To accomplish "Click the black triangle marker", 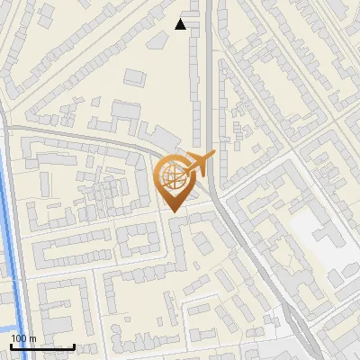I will coord(181,24).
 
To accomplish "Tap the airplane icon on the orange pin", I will coord(198,165).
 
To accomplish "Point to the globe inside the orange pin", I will coord(173,175).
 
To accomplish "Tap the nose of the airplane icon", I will coord(213,157).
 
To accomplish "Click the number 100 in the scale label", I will coord(19,338).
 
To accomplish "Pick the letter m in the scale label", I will coord(32,338).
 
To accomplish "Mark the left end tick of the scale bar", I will coord(11,346).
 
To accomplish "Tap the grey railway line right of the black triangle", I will coord(210,54).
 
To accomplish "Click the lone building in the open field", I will coord(133,76).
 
